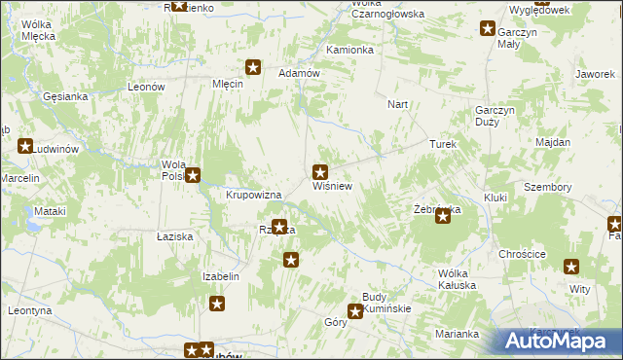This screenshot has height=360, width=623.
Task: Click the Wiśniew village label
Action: click(x=331, y=184)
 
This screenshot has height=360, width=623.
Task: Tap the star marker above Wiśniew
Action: click(x=319, y=171)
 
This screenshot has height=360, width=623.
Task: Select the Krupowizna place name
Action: click(x=253, y=195)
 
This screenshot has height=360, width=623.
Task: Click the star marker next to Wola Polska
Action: click(x=193, y=175)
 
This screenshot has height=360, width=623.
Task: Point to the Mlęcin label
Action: click(x=227, y=84)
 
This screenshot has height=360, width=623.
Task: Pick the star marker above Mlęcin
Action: click(x=253, y=67)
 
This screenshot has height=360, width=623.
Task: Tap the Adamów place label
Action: click(x=299, y=73)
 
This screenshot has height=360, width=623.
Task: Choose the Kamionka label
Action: click(x=350, y=50)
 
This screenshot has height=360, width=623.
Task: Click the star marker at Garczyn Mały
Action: click(x=487, y=28)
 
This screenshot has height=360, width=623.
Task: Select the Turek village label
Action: click(x=443, y=143)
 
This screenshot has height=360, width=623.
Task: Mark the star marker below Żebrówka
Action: click(x=443, y=217)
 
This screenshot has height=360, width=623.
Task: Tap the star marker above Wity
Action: click(x=571, y=267)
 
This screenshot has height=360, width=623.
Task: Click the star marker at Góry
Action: click(x=355, y=311)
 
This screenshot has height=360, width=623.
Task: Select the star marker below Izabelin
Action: click(x=217, y=304)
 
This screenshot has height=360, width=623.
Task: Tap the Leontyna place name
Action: click(x=28, y=310)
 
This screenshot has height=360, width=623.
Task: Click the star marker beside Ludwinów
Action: click(x=25, y=146)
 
